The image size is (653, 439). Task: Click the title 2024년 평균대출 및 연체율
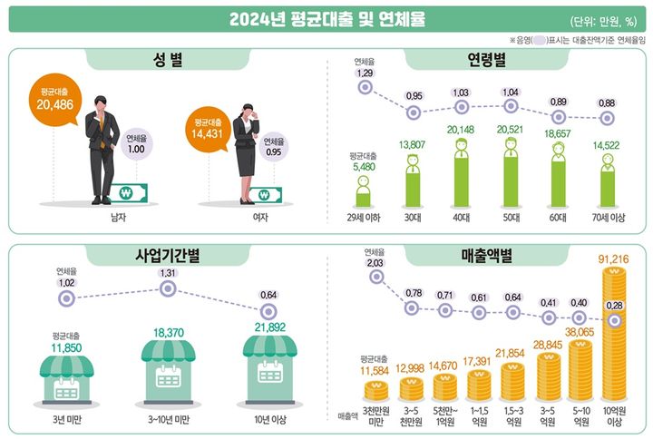click(x=326, y=19)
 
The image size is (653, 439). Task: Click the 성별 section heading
click(x=169, y=61)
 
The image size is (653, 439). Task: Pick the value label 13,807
click(x=413, y=144)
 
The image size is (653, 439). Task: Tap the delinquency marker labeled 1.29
click(x=365, y=87)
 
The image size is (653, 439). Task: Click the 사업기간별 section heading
click(x=169, y=257)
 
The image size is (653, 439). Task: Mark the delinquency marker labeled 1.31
click(x=167, y=289)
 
